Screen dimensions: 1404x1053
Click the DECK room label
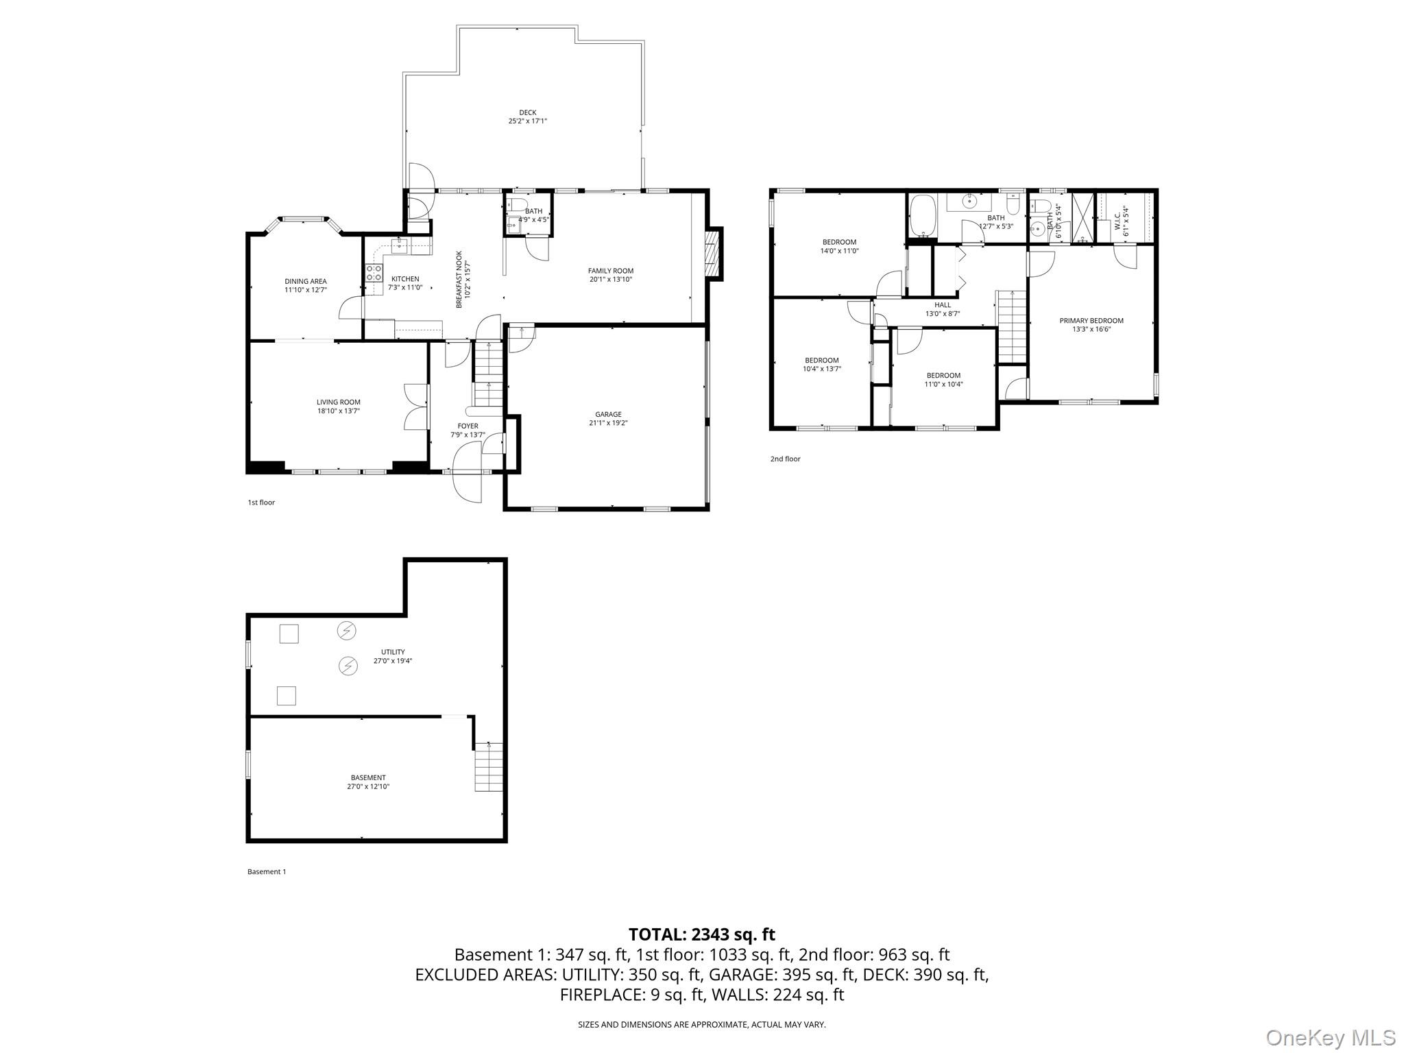click(x=527, y=112)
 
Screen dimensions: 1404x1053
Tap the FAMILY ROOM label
click(x=610, y=271)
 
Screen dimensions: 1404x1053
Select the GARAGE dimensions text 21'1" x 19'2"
click(x=608, y=423)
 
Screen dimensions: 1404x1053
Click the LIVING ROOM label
click(x=338, y=402)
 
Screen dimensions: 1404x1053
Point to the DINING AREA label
click(x=306, y=281)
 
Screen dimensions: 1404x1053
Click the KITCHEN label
click(x=405, y=279)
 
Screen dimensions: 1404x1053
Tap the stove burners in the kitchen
click(x=374, y=273)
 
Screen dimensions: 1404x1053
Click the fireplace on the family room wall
click(x=713, y=254)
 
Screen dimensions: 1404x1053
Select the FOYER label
click(x=468, y=426)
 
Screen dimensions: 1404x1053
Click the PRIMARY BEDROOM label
click(x=1091, y=320)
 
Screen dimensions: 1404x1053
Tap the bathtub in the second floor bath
click(x=923, y=216)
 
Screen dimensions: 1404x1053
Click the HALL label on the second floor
click(x=943, y=305)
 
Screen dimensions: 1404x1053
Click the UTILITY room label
click(x=393, y=652)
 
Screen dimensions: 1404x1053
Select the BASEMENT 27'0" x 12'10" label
click(x=368, y=782)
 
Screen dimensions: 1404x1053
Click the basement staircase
click(x=488, y=768)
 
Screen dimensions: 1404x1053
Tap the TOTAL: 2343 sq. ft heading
click(x=702, y=934)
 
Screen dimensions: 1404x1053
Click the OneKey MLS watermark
click(x=1330, y=1037)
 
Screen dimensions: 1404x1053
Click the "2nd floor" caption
click(x=785, y=459)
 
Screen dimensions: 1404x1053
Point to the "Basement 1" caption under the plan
click(x=267, y=872)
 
